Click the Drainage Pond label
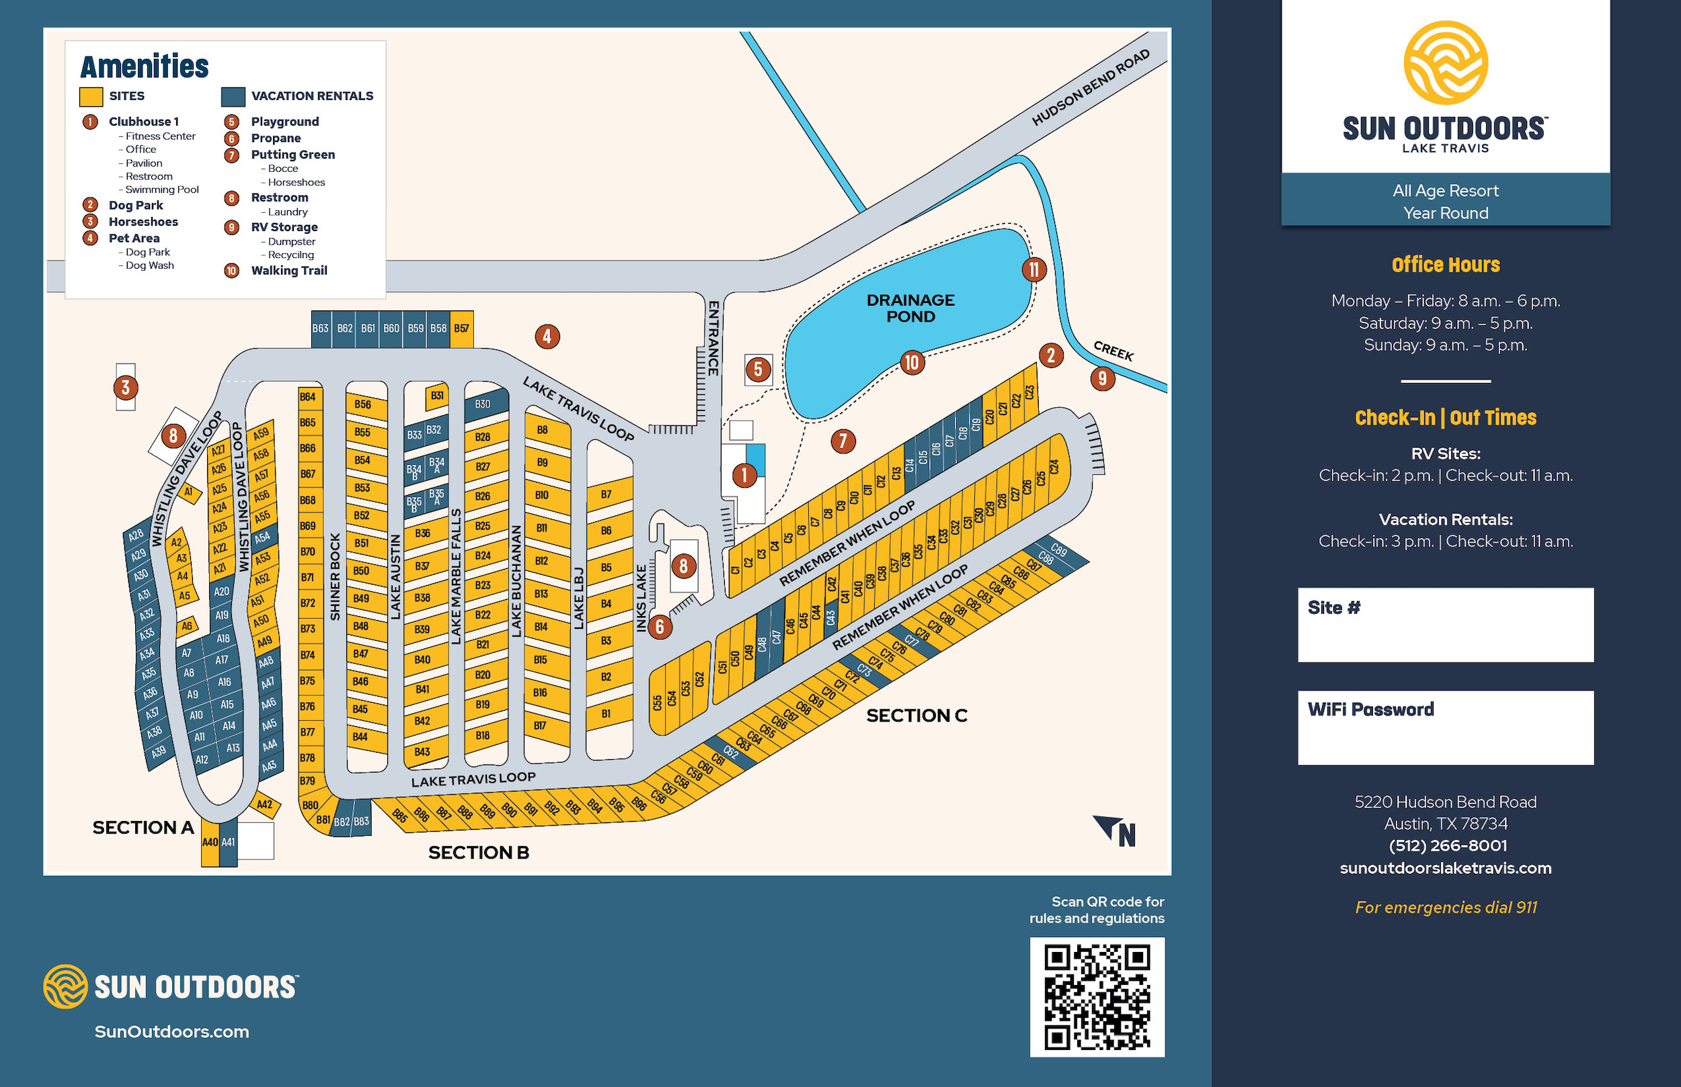(910, 308)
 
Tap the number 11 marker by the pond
(1033, 269)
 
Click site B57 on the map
(461, 329)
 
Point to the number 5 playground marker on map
(758, 369)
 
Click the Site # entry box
(1445, 625)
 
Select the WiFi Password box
(1445, 727)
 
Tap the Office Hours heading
(1445, 265)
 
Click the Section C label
(916, 715)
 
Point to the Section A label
(143, 827)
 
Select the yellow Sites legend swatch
(91, 96)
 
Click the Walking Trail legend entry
(289, 270)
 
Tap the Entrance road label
(713, 338)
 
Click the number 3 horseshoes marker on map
(125, 387)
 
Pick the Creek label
(1113, 351)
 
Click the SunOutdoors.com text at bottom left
(171, 1031)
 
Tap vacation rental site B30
(484, 404)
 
